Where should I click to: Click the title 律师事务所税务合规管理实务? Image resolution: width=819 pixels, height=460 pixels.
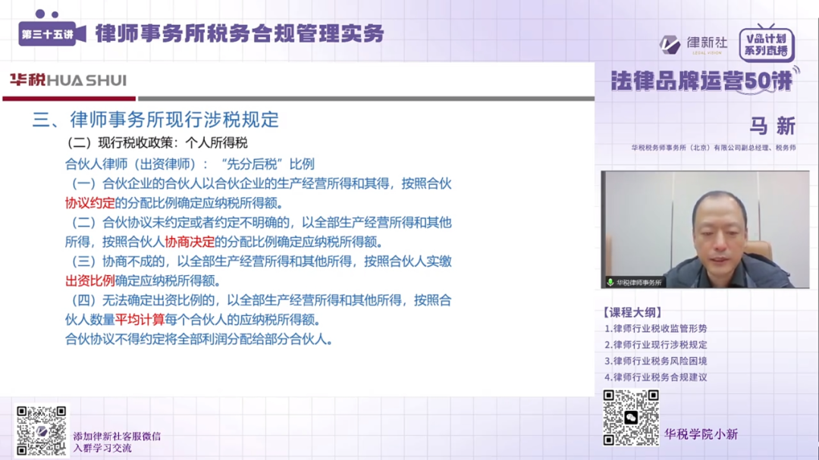[240, 33]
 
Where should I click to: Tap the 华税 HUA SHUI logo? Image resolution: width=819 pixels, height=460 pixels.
[67, 80]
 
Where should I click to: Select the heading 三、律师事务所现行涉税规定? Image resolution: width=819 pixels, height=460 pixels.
[155, 120]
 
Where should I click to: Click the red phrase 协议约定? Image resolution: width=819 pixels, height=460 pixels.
[89, 203]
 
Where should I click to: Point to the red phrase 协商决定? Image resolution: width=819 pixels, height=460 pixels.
[190, 243]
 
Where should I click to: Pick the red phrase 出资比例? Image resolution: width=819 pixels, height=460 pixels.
[89, 281]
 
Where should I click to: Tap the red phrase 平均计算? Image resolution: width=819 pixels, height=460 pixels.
[140, 320]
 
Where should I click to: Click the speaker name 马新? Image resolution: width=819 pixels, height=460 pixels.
[772, 126]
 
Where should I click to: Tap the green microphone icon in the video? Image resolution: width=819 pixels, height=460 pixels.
[610, 282]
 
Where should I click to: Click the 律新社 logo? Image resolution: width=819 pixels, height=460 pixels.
[692, 44]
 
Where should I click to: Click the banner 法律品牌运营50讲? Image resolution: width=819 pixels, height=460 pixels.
[702, 81]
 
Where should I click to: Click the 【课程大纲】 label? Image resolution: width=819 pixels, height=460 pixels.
[632, 312]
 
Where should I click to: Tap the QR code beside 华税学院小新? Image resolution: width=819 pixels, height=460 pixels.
[630, 418]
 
